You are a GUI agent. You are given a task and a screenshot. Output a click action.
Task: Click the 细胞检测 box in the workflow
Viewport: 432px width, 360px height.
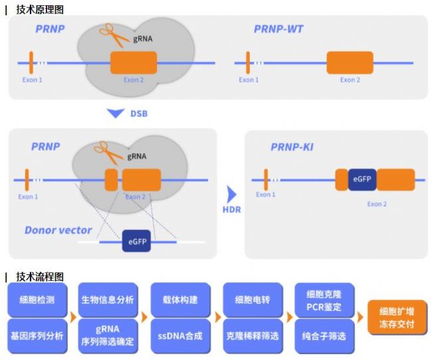point(37,300)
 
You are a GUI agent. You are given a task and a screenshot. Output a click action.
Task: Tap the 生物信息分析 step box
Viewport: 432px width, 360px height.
point(108,300)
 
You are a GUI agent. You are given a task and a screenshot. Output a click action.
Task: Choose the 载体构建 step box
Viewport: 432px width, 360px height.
point(179,300)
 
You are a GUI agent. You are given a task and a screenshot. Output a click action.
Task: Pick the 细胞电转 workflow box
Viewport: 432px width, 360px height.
point(252,300)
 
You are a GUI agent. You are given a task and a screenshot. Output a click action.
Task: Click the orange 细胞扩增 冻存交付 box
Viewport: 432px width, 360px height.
point(397,317)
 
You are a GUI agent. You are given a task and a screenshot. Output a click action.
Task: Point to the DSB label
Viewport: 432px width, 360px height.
point(138,114)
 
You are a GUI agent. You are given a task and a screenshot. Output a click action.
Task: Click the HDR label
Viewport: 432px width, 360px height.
point(232,211)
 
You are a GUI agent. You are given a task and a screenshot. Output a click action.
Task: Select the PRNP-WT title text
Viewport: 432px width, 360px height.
point(278,29)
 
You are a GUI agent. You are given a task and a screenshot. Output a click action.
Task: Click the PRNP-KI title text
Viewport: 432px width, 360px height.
point(292,146)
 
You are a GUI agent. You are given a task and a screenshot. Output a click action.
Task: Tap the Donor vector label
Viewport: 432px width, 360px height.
point(58,230)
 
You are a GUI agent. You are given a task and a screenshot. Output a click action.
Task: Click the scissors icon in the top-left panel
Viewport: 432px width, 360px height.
point(114,36)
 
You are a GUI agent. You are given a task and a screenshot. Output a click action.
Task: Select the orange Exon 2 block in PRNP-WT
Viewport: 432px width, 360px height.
point(350,63)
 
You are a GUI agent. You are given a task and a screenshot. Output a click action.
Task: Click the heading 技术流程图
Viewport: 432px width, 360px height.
point(39,276)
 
